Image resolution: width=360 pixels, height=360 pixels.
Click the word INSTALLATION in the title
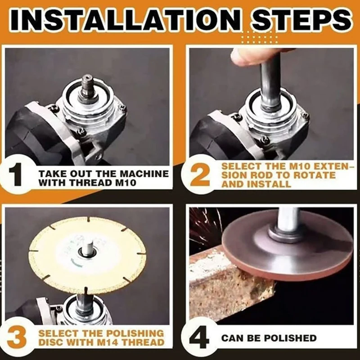click(x=125, y=20)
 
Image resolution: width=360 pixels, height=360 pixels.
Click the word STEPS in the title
click(x=301, y=20)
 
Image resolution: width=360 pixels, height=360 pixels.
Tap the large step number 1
click(x=16, y=175)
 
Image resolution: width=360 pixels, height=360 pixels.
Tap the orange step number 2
click(x=199, y=175)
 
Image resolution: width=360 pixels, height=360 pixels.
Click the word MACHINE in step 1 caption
click(x=144, y=174)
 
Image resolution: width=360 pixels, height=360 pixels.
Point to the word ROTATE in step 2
click(x=315, y=175)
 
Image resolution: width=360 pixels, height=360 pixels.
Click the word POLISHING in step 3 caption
click(x=135, y=333)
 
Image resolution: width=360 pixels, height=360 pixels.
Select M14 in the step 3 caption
click(x=106, y=342)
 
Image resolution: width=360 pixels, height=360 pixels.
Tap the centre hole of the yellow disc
click(x=87, y=251)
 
